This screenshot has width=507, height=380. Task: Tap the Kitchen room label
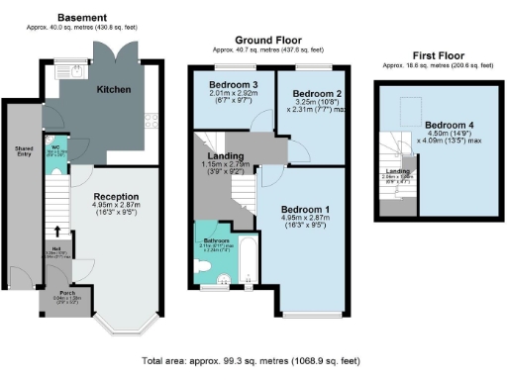point(114,89)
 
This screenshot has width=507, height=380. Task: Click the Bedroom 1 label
point(307,210)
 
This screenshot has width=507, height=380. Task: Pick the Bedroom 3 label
point(232,85)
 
